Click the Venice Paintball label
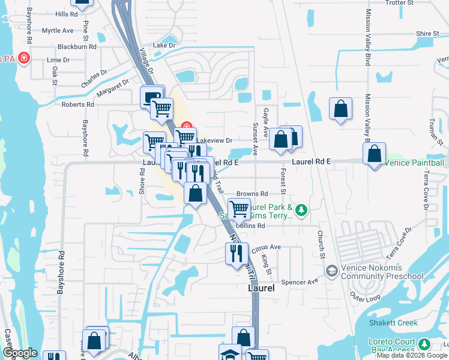(x=415, y=163)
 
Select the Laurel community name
(x=261, y=289)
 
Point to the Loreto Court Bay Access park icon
(x=425, y=344)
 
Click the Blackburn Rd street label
(x=77, y=46)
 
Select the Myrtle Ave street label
(x=58, y=30)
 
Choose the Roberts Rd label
(x=78, y=104)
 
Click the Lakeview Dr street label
(x=215, y=140)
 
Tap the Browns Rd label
(x=252, y=194)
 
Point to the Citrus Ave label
(x=267, y=247)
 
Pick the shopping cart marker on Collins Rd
(x=239, y=209)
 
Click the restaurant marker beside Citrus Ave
(x=235, y=253)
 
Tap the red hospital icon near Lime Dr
(x=24, y=58)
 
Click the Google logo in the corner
(x=19, y=353)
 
